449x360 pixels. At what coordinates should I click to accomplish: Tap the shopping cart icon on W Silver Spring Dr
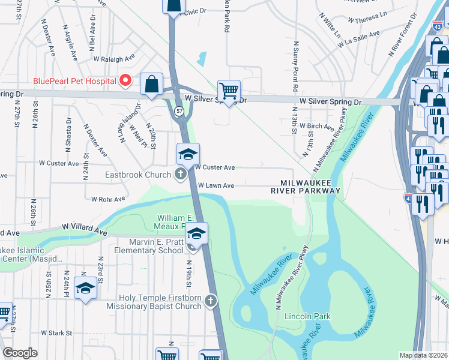coord(229,91)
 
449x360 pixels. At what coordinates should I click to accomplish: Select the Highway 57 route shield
coord(179,112)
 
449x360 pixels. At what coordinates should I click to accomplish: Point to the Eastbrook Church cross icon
coord(180,175)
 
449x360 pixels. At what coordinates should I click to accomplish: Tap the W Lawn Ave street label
coord(215,186)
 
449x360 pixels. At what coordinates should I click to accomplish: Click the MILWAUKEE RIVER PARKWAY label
coord(306,186)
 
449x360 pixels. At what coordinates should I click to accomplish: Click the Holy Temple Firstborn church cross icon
coord(210,300)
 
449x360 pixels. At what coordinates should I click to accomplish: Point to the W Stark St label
coord(56,332)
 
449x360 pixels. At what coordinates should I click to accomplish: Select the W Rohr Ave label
coord(108,199)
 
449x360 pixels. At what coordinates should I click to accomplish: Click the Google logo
coord(20,353)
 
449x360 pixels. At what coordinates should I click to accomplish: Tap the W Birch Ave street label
coord(319,127)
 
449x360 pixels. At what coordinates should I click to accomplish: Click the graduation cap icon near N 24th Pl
coord(85,290)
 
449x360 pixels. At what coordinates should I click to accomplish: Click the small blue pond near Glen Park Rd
coord(201,59)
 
